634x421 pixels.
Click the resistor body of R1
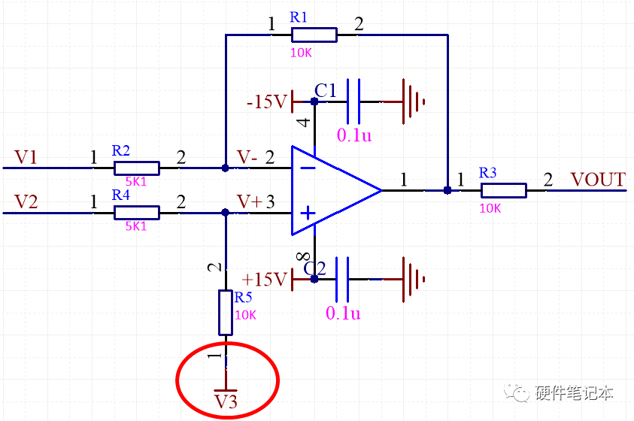pos(314,34)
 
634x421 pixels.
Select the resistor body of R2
pos(136,168)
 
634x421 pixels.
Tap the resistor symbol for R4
pos(136,213)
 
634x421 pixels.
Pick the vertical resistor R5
pos(225,312)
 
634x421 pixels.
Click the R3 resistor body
pos(503,190)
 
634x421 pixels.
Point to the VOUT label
pos(598,180)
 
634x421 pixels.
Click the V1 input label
pos(26,157)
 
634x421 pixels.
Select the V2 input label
pos(26,202)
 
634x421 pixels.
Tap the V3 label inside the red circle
pos(226,402)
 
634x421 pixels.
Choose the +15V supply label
pos(265,280)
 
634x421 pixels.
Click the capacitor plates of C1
pos(352,101)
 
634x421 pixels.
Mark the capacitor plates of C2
pos(342,279)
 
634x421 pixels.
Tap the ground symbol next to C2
pos(414,279)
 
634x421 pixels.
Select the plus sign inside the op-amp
pos(308,214)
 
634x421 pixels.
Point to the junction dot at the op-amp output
pos(447,190)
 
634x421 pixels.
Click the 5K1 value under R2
pos(135,181)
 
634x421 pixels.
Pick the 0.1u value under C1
pos(353,135)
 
